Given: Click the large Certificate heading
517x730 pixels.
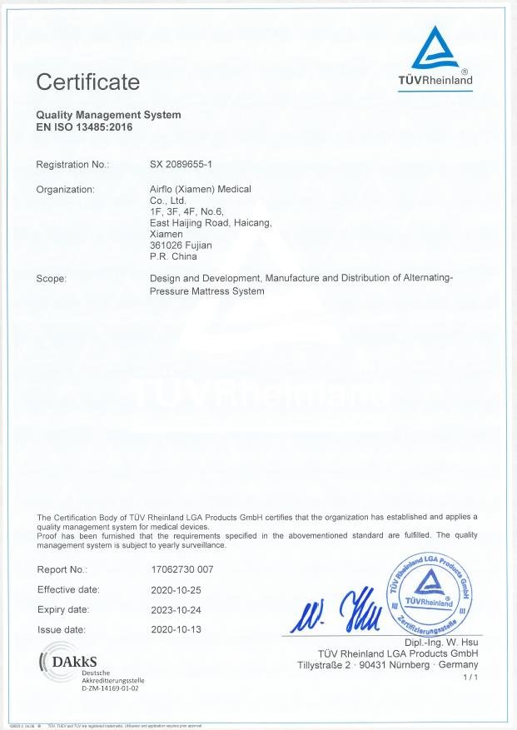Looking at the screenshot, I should click(x=87, y=82).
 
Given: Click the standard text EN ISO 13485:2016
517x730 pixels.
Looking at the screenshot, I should click(x=84, y=127).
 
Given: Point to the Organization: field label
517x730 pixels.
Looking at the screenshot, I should click(x=65, y=189).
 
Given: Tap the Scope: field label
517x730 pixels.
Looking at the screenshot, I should click(x=51, y=279).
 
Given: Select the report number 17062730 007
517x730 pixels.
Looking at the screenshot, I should click(x=183, y=570).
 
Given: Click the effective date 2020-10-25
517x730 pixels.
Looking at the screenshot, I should click(x=177, y=590).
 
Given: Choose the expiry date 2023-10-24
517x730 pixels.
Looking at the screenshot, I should click(x=177, y=610).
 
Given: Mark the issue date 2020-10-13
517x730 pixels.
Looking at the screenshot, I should click(x=177, y=630).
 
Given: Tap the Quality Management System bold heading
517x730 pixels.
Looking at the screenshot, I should click(x=108, y=115).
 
